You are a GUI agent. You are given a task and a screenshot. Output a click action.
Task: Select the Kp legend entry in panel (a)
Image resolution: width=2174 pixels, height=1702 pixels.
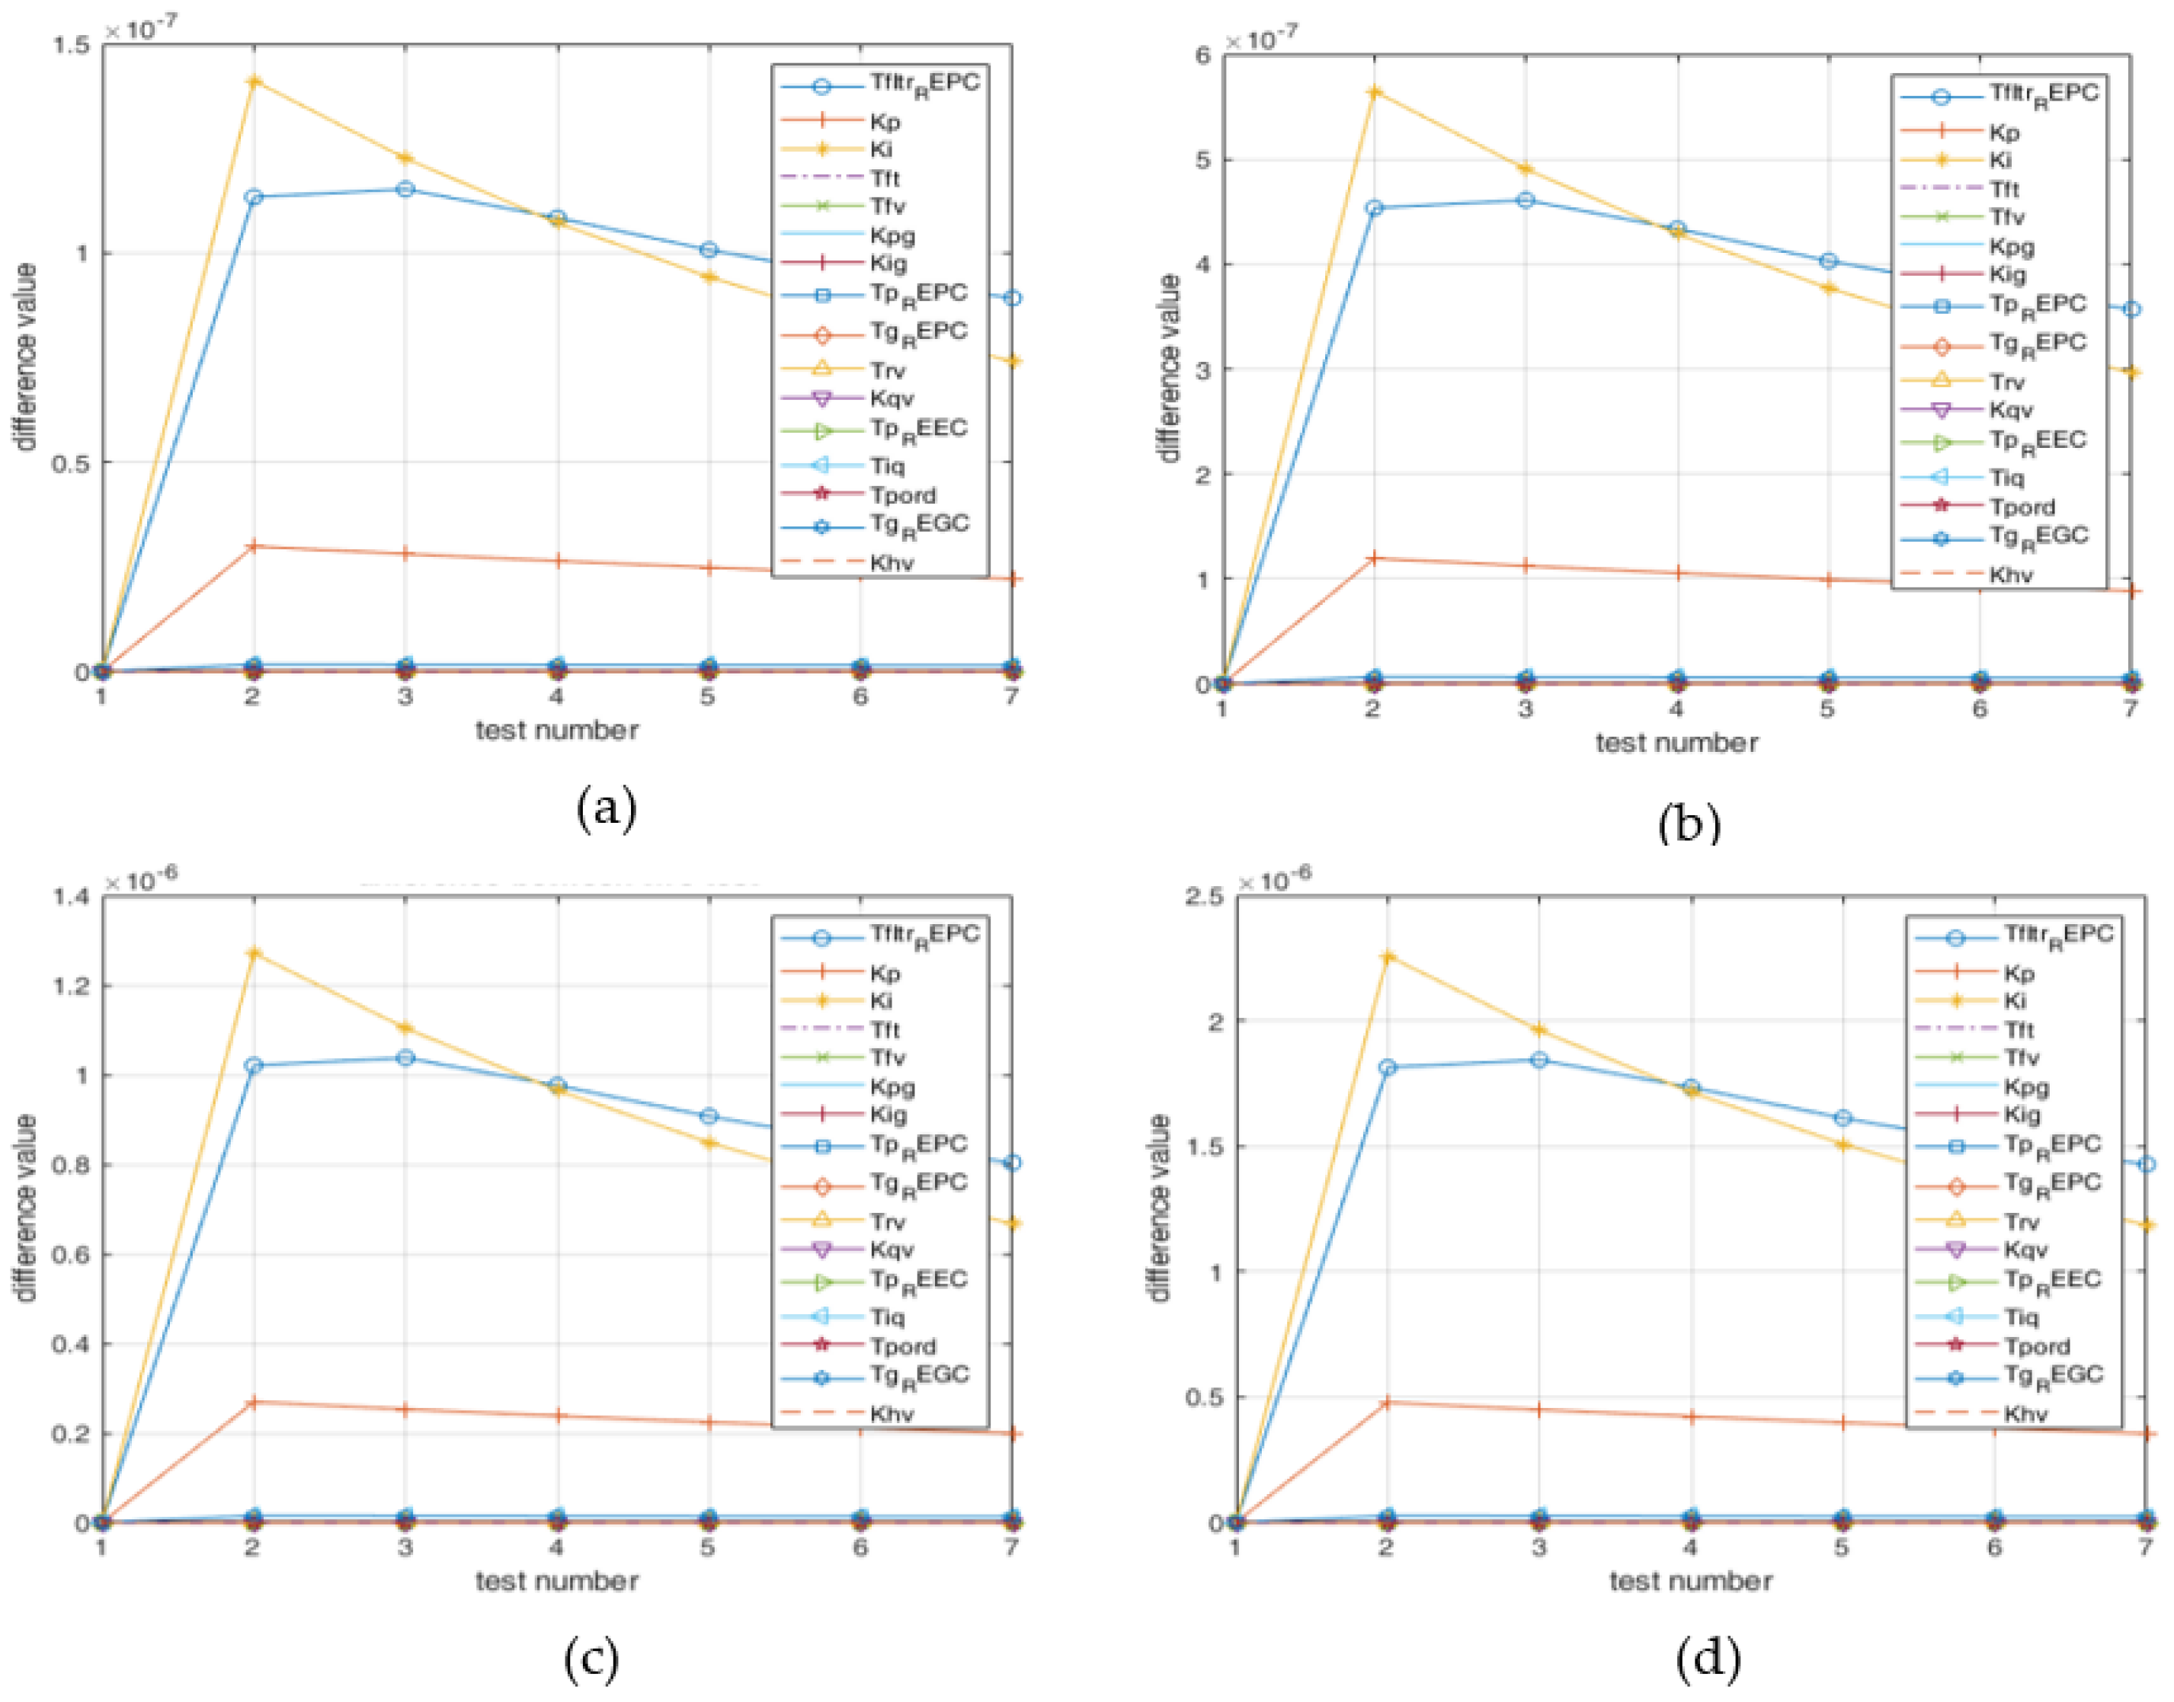[x=883, y=123]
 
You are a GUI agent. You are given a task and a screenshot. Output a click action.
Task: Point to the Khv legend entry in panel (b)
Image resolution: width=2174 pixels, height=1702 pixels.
[x=2009, y=575]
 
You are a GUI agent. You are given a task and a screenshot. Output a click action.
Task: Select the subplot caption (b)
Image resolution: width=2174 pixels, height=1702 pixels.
[x=1689, y=823]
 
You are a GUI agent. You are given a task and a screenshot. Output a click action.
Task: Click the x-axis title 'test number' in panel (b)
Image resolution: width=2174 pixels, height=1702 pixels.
[x=1676, y=742]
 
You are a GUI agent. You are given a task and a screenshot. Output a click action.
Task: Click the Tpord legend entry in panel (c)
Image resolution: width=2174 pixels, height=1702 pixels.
[x=902, y=1346]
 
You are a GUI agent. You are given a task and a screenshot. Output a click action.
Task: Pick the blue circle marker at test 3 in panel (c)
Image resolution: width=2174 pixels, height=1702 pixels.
[x=405, y=1057]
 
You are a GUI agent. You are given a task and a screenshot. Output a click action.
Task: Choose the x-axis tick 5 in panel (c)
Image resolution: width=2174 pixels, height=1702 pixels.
[x=706, y=1547]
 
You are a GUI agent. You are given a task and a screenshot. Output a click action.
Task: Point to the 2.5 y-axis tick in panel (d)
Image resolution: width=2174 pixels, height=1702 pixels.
[x=1203, y=896]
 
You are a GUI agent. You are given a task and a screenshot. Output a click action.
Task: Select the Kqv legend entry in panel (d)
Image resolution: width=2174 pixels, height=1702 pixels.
[x=2025, y=1249]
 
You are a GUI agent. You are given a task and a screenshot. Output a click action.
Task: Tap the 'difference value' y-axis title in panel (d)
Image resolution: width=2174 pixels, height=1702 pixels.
[x=1158, y=1208]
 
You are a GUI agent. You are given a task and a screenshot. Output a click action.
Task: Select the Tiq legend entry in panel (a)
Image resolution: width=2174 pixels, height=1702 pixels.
[x=886, y=466]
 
